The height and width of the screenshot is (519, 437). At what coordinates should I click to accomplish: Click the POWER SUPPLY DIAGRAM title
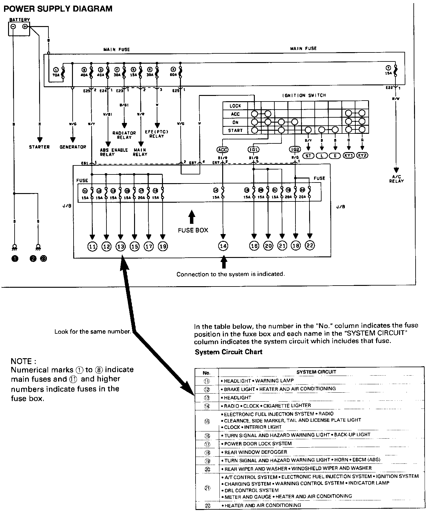[x=58, y=9]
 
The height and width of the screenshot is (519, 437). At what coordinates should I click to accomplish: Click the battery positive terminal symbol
[x=25, y=27]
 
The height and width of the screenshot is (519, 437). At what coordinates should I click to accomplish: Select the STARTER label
[x=39, y=147]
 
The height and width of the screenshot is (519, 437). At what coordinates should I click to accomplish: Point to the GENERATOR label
[x=73, y=147]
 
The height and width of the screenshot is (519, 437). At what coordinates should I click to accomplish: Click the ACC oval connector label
[x=223, y=150]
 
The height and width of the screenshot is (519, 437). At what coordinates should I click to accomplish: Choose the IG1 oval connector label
[x=254, y=150]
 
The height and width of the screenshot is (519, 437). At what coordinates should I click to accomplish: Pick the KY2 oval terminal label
[x=362, y=156]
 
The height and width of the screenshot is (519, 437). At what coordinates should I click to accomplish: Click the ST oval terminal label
[x=308, y=156]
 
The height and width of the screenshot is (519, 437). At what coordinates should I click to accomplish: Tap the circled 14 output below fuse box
[x=223, y=246]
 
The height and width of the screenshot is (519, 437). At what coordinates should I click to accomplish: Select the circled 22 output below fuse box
[x=310, y=246]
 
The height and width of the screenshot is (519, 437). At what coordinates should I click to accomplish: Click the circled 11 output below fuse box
[x=92, y=246]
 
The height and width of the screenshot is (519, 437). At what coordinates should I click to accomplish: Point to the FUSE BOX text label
[x=193, y=230]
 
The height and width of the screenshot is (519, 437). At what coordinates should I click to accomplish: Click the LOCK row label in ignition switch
[x=235, y=106]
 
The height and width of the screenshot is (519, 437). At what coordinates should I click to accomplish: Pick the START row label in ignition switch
[x=235, y=130]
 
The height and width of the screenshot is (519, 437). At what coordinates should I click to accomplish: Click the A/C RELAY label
[x=396, y=179]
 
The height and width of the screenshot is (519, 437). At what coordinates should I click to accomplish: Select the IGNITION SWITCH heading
[x=304, y=95]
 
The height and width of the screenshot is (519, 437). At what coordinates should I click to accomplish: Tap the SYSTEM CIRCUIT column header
[x=316, y=372]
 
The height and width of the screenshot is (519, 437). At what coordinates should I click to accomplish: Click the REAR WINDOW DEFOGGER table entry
[x=255, y=452]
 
